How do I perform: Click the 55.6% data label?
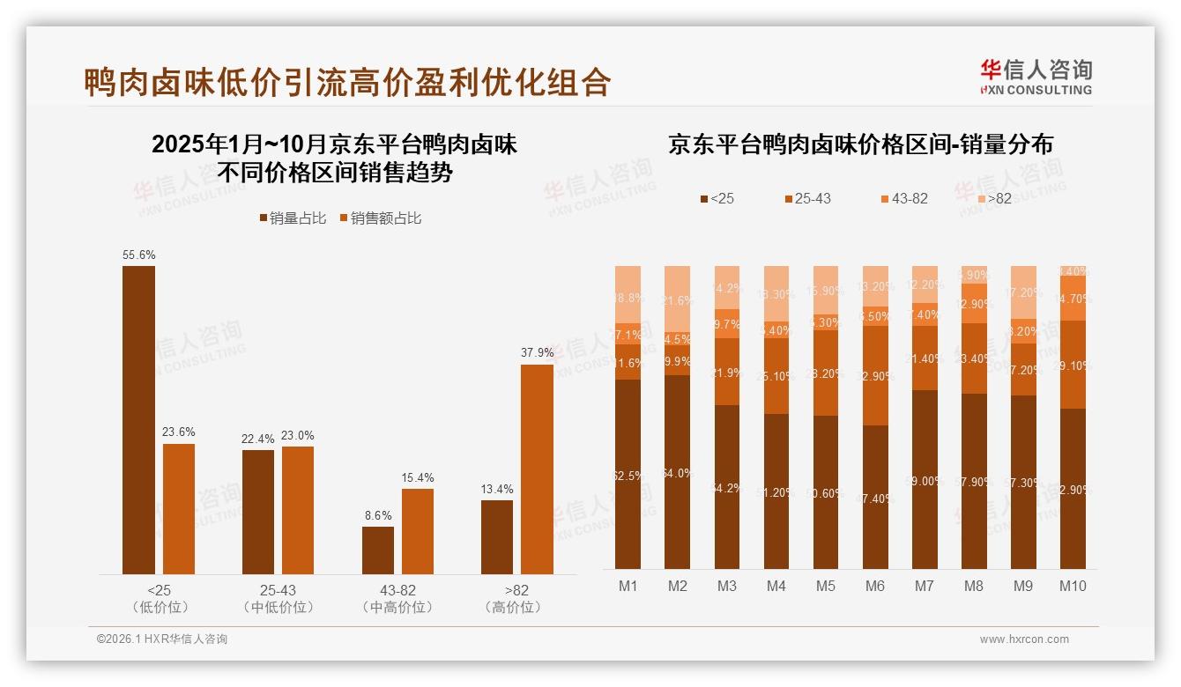(x=139, y=255)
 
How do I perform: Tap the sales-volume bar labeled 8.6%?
(x=378, y=550)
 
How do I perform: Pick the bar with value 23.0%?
(x=298, y=510)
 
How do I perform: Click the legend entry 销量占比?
(x=293, y=218)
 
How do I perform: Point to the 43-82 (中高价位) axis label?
(x=397, y=598)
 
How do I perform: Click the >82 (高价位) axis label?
(x=516, y=598)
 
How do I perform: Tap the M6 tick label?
(x=874, y=586)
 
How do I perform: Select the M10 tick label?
(x=1073, y=586)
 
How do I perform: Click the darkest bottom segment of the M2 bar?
(x=677, y=472)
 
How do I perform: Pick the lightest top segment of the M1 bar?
(x=628, y=295)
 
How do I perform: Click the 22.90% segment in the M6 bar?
(x=874, y=376)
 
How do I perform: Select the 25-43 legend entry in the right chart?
(x=806, y=199)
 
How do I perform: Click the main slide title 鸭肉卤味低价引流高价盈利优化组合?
(x=347, y=82)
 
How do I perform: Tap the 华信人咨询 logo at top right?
(x=1036, y=76)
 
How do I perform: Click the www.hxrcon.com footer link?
(x=1024, y=639)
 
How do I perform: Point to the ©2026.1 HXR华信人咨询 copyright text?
(x=162, y=639)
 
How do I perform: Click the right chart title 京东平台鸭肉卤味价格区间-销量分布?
(x=860, y=144)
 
